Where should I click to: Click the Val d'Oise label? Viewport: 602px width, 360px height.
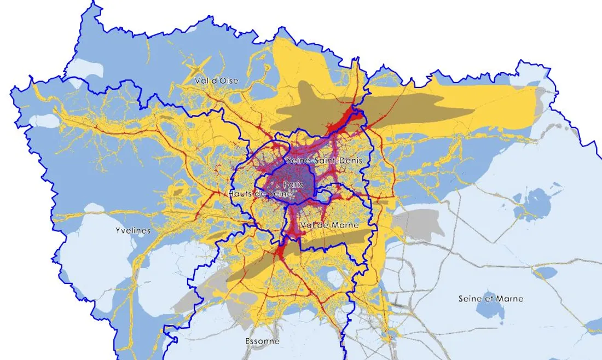pyautogui.click(x=217, y=80)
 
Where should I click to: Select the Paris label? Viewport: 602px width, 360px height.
pyautogui.click(x=293, y=185)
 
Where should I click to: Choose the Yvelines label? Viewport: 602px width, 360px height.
pyautogui.click(x=133, y=231)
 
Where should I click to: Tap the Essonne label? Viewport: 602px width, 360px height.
pyautogui.click(x=262, y=341)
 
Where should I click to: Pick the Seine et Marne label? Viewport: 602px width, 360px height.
pyautogui.click(x=490, y=299)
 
